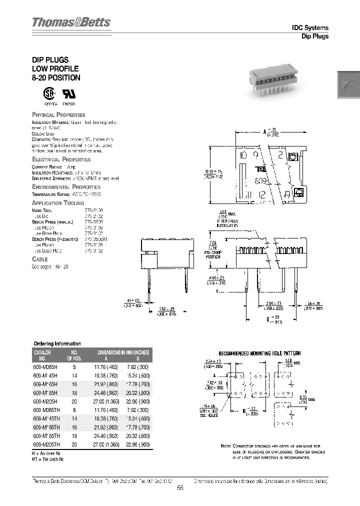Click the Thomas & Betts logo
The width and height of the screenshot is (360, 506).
click(71, 22)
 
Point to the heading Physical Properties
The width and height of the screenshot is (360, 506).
click(58, 114)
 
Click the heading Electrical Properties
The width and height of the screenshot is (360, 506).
click(61, 159)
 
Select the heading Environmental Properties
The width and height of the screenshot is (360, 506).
click(65, 186)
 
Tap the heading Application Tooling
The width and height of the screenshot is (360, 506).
click(61, 202)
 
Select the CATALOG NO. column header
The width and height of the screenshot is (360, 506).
click(42, 355)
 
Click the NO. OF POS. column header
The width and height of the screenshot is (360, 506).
click(74, 355)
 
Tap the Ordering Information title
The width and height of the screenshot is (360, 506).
click(56, 343)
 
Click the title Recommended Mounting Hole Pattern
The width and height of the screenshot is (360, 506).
click(264, 353)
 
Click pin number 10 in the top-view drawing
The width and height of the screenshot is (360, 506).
click(243, 154)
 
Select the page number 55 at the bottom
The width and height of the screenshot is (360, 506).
click(180, 489)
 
